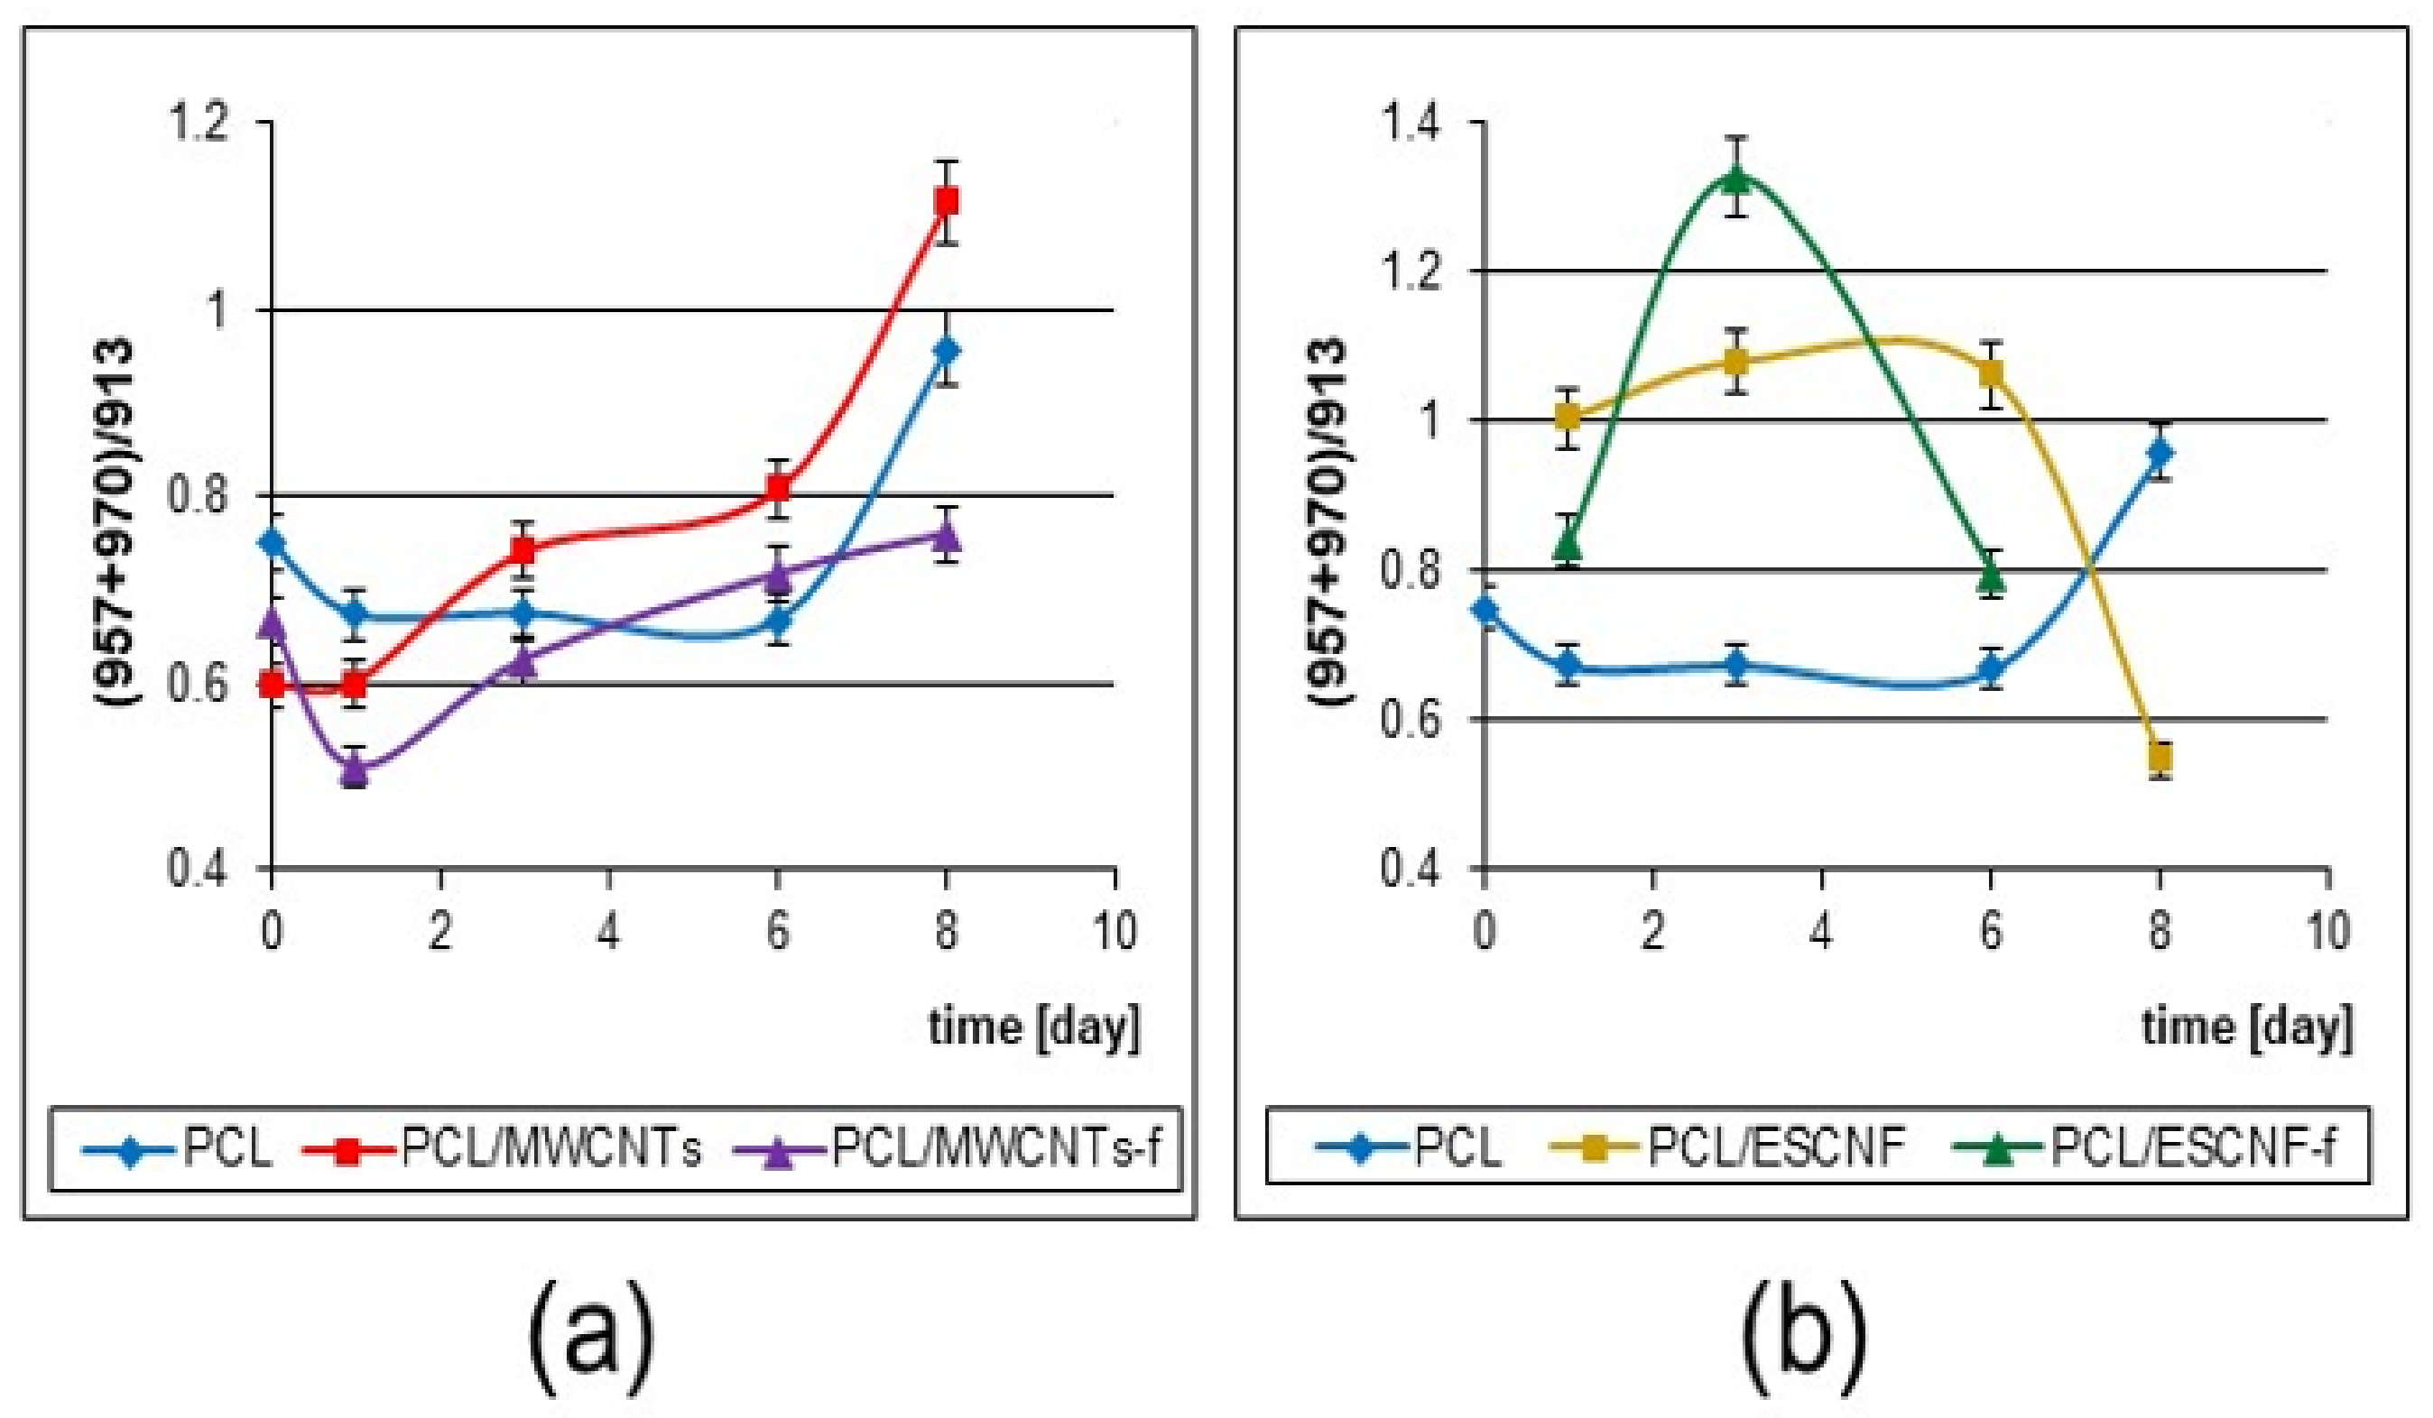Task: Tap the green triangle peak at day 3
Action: point(1736,179)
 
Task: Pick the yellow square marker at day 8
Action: point(2160,756)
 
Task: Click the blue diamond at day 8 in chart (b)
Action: point(2160,452)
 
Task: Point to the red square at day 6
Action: point(778,488)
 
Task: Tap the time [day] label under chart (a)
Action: point(1033,1027)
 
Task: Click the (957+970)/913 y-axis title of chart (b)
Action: point(1328,521)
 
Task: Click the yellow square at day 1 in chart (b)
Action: point(1568,417)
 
